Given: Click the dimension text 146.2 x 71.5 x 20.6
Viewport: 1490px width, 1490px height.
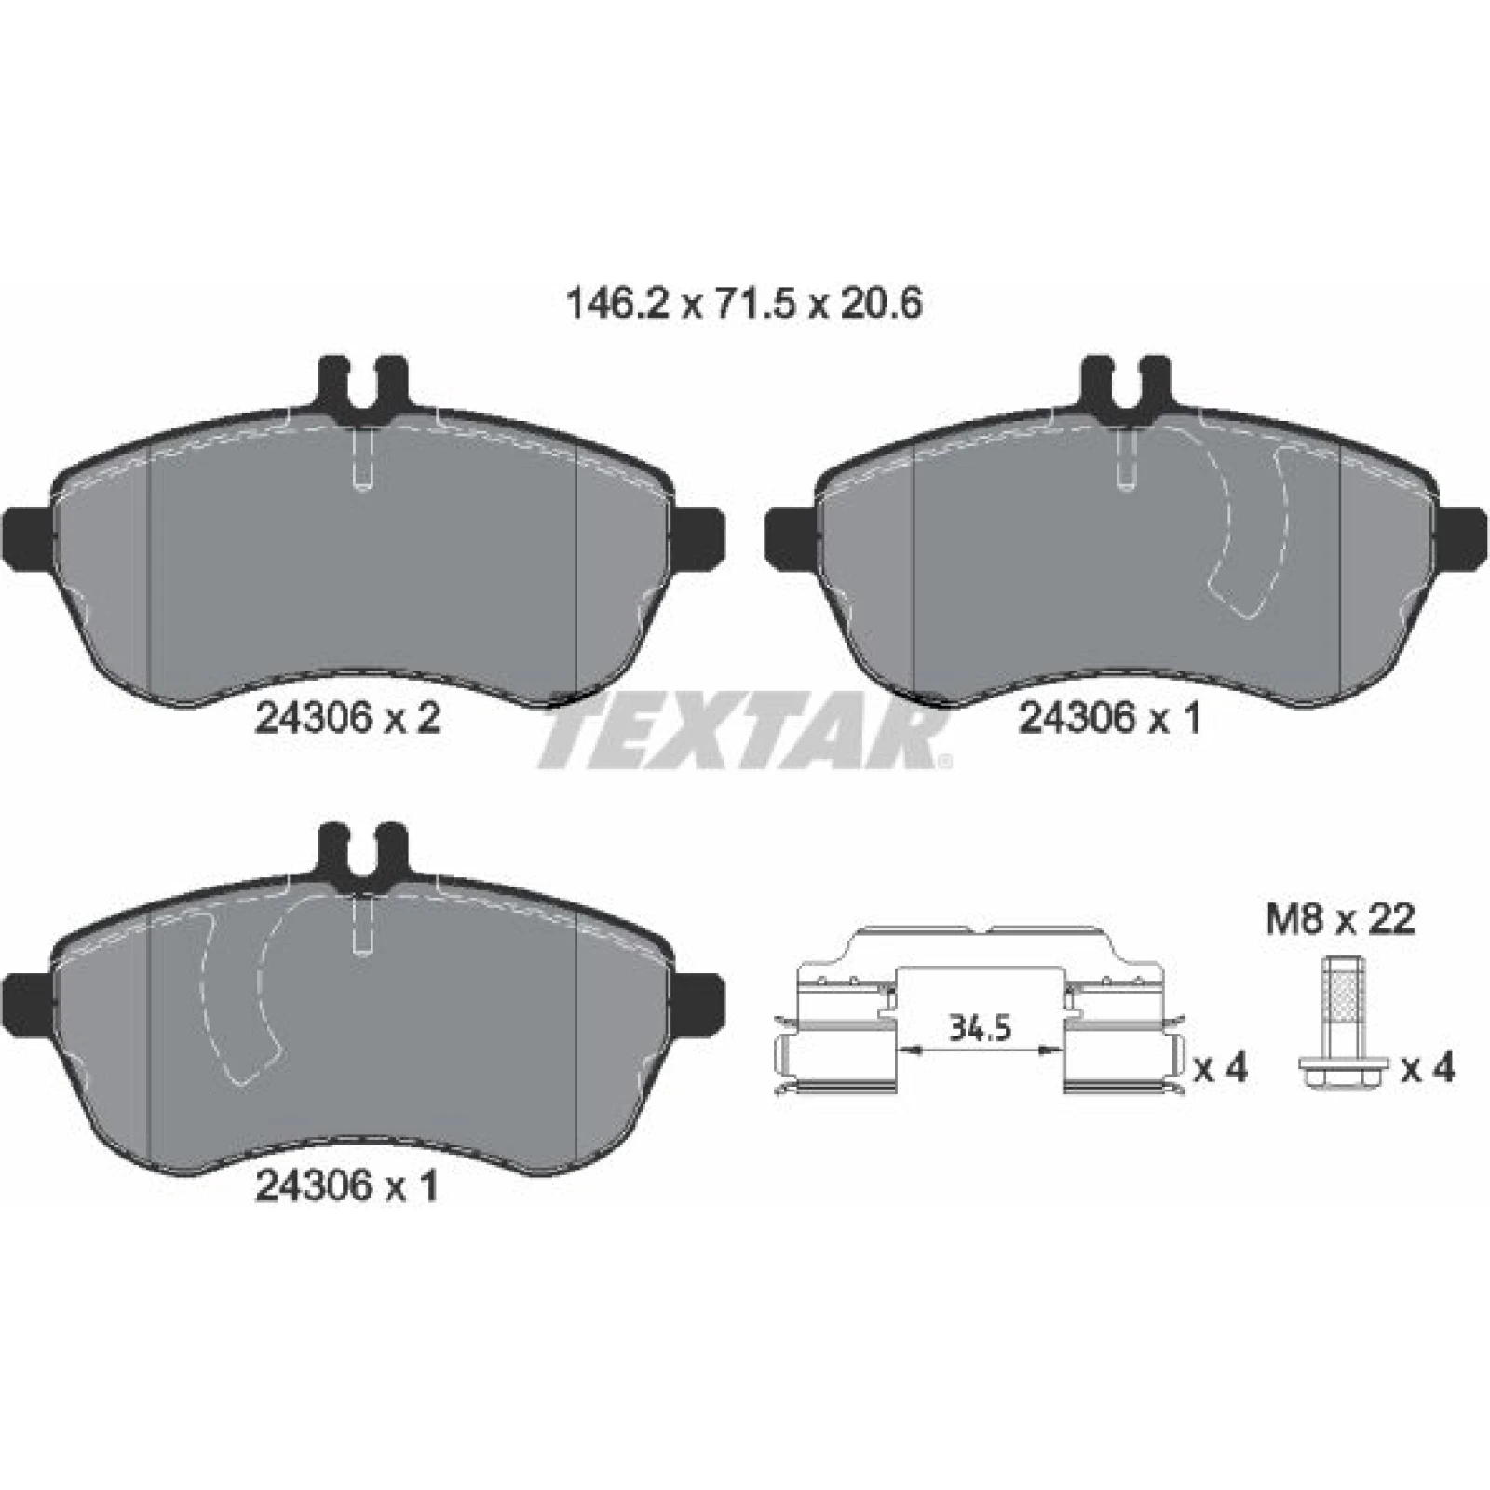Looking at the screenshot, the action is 744,305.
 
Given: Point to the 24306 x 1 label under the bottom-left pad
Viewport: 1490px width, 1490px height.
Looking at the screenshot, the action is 346,1185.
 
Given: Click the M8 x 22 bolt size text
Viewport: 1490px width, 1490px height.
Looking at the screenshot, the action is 1340,920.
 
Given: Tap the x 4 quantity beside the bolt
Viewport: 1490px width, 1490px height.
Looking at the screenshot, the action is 1428,1068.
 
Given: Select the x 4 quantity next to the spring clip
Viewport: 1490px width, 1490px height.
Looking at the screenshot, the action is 1220,1068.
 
